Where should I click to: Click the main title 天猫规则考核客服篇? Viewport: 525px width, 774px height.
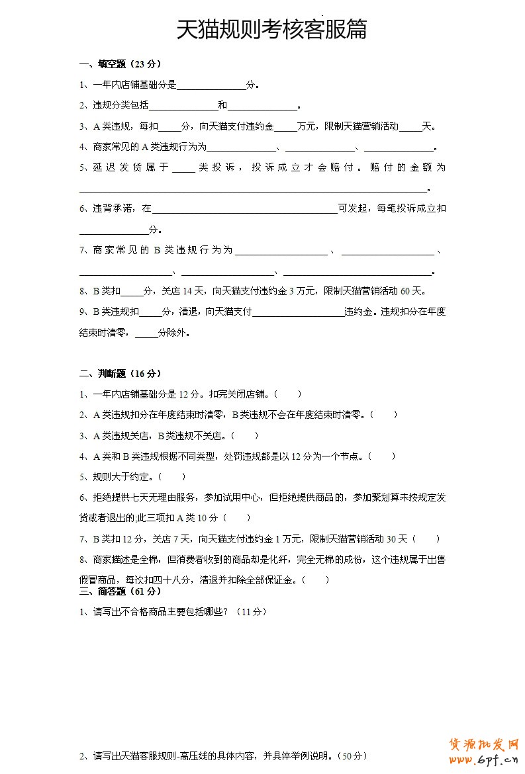[x=271, y=30]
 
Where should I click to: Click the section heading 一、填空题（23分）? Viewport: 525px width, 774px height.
[x=120, y=64]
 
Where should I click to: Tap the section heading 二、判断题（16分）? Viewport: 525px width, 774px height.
[x=120, y=374]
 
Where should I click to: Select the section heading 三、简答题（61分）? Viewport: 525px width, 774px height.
[x=120, y=591]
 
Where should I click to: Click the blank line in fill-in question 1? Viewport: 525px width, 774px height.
[x=211, y=86]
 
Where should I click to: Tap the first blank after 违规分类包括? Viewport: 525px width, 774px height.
[x=183, y=107]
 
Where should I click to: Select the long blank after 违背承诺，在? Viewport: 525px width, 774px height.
[x=245, y=210]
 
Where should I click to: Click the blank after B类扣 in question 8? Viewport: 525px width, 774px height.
[x=132, y=292]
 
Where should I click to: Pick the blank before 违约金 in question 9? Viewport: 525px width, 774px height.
[x=298, y=312]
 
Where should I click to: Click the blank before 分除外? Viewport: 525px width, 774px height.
[x=146, y=334]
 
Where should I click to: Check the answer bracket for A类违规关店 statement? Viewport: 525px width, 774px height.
[x=245, y=436]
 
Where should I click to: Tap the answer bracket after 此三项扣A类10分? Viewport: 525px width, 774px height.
[x=238, y=518]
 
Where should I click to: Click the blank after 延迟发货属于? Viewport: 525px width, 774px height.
[x=183, y=169]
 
